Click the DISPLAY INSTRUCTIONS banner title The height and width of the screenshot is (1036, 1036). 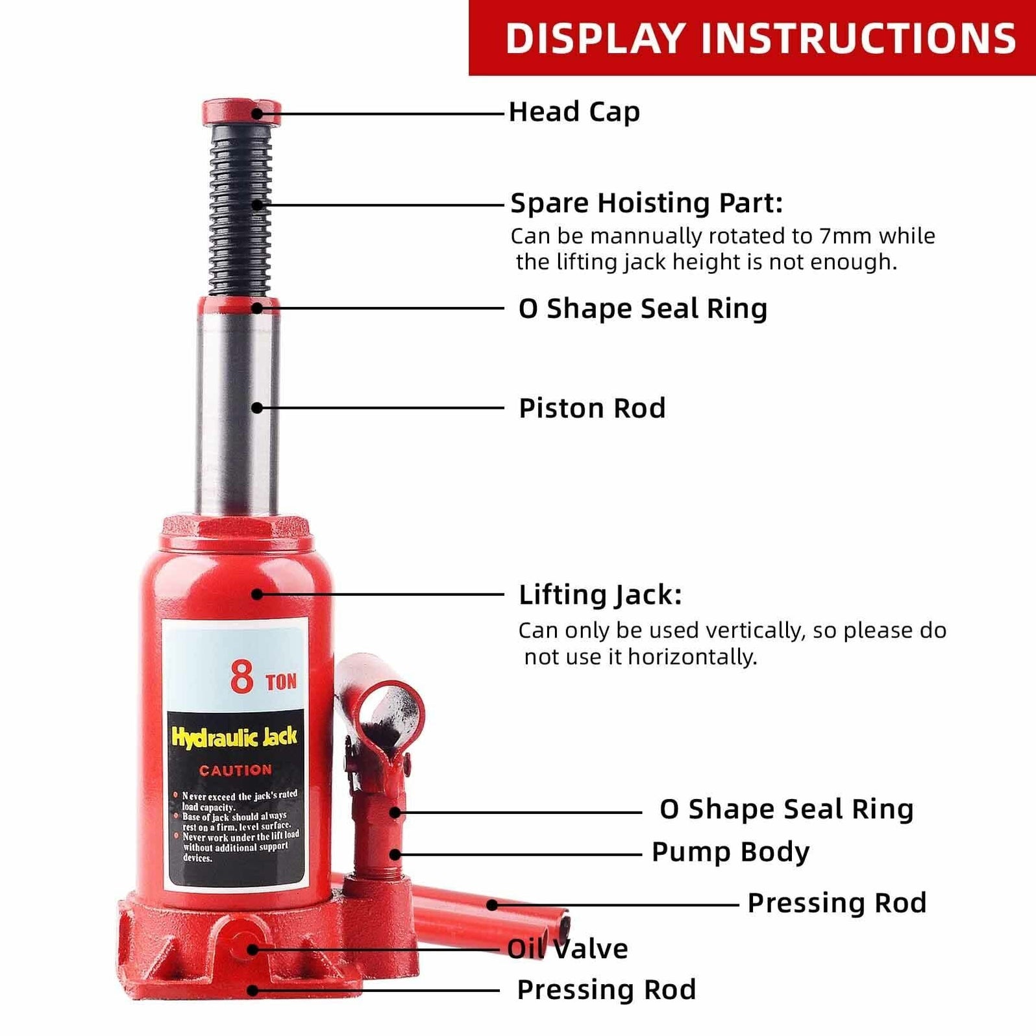pyautogui.click(x=760, y=38)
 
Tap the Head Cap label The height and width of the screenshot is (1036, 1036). pyautogui.click(x=574, y=112)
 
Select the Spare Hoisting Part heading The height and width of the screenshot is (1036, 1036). pyautogui.click(x=647, y=203)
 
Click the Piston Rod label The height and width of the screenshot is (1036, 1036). pyautogui.click(x=592, y=408)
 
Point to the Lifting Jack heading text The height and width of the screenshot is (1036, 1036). pyautogui.click(x=600, y=595)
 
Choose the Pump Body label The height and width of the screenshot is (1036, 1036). pyautogui.click(x=730, y=852)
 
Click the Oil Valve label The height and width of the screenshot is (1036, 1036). pyautogui.click(x=567, y=949)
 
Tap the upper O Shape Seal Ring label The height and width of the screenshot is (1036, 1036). pyautogui.click(x=643, y=308)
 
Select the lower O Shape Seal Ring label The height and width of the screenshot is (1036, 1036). pyautogui.click(x=786, y=809)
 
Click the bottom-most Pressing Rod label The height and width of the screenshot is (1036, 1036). pyautogui.click(x=606, y=990)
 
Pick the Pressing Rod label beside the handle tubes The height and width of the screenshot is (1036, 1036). pyautogui.click(x=836, y=903)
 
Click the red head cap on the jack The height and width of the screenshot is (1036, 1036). pyautogui.click(x=241, y=112)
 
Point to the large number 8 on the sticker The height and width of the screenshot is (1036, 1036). pyautogui.click(x=241, y=676)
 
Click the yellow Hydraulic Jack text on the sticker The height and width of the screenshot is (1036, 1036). pyautogui.click(x=234, y=737)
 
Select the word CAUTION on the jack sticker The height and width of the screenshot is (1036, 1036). pyautogui.click(x=235, y=771)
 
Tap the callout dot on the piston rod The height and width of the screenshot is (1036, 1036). pyautogui.click(x=257, y=408)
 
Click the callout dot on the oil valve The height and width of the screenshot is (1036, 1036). pyautogui.click(x=253, y=950)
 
